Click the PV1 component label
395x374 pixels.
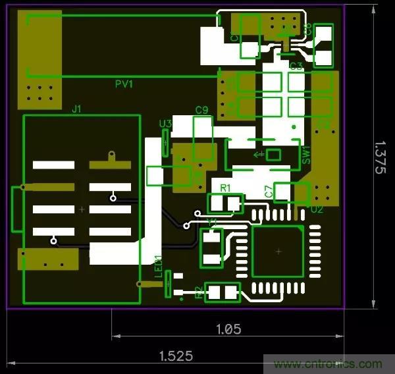[124, 84]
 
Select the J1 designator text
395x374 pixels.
[76, 109]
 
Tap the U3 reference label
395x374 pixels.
[166, 123]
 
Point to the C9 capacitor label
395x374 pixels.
[202, 110]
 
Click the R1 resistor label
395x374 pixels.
[226, 188]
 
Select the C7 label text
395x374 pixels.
[269, 192]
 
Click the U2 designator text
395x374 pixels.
[317, 209]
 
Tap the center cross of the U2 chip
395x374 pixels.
[278, 252]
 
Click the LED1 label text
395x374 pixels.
[158, 267]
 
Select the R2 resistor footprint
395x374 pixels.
[223, 292]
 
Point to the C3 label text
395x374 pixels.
[296, 66]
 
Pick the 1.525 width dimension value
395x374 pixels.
[176, 356]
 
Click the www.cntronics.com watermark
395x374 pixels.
[327, 363]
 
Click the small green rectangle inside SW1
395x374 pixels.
[273, 155]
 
